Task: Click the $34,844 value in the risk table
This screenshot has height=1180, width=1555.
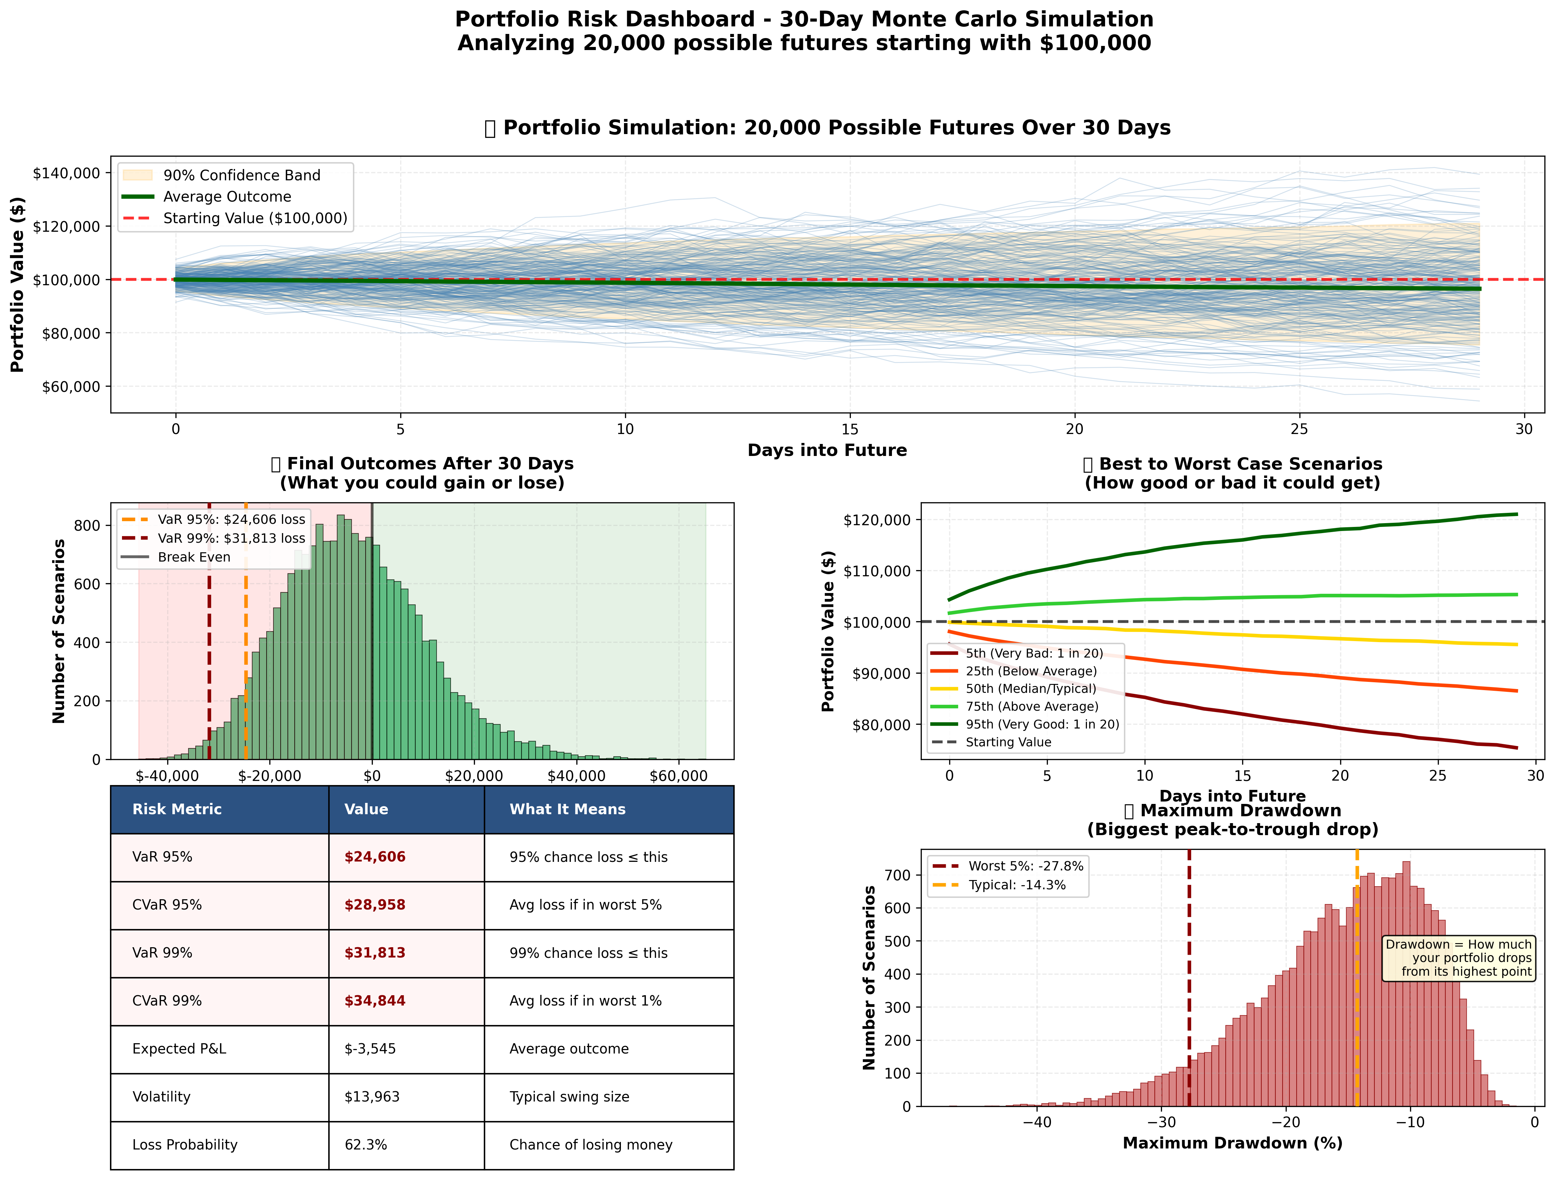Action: point(375,1001)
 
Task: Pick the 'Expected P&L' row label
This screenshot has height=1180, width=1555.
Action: point(179,1048)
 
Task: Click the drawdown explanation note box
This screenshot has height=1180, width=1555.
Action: point(1458,958)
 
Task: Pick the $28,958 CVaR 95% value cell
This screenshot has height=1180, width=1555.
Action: point(375,905)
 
